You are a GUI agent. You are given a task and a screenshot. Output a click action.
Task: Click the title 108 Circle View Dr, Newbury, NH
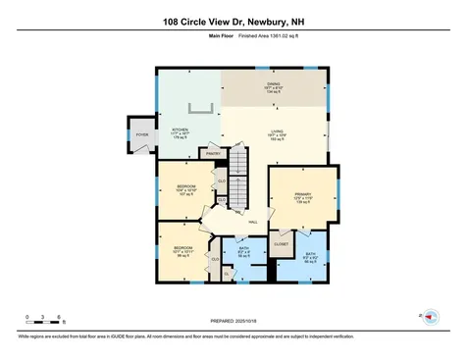(x=233, y=20)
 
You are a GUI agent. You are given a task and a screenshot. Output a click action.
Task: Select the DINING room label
(x=274, y=87)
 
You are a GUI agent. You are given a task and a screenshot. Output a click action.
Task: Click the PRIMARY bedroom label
(x=301, y=197)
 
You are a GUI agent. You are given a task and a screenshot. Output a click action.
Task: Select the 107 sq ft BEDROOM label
(x=182, y=189)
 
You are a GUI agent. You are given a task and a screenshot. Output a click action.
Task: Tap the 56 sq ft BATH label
(x=244, y=252)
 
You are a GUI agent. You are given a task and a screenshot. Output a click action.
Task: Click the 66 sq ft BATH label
(x=309, y=258)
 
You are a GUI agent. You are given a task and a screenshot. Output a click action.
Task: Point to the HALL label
(x=252, y=224)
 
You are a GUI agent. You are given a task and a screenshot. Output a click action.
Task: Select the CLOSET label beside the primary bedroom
(x=281, y=243)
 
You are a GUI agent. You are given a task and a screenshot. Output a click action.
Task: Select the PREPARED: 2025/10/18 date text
(x=232, y=320)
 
